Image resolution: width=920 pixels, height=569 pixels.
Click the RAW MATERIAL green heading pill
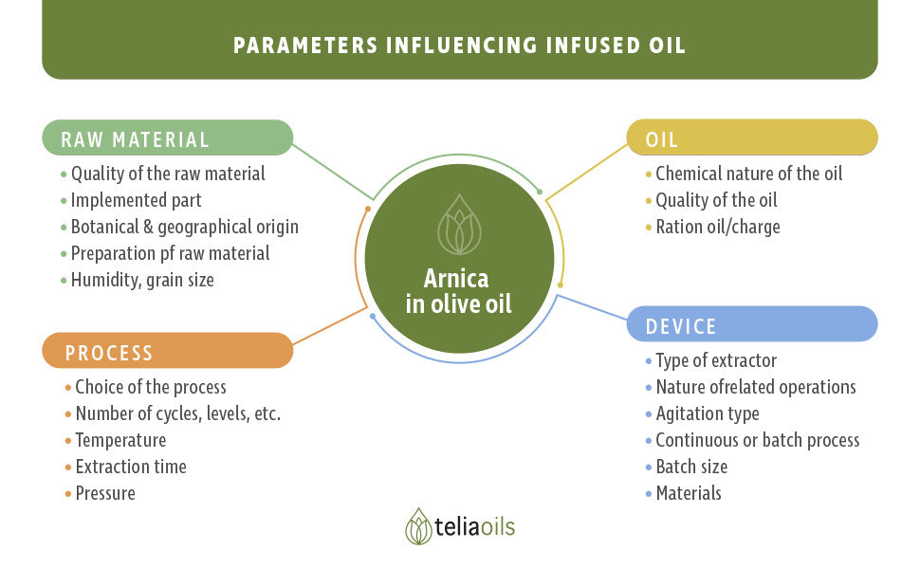pyautogui.click(x=167, y=138)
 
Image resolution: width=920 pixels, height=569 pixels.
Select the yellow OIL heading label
pyautogui.click(x=752, y=138)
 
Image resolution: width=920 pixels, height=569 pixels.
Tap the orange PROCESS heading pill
pyautogui.click(x=167, y=351)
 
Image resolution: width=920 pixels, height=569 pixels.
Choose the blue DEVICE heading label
pyautogui.click(x=752, y=323)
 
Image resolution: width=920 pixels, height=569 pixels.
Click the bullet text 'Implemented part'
pyautogui.click(x=137, y=201)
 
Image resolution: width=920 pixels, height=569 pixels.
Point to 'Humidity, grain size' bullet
pyautogui.click(x=142, y=280)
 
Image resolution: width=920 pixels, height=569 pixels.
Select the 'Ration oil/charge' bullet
pyautogui.click(x=718, y=227)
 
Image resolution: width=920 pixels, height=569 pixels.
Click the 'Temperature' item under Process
pyautogui.click(x=120, y=440)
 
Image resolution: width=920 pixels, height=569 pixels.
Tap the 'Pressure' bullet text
pyautogui.click(x=105, y=493)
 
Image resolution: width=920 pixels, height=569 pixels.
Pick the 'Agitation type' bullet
pyautogui.click(x=708, y=413)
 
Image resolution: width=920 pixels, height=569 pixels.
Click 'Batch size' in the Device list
pyautogui.click(x=691, y=467)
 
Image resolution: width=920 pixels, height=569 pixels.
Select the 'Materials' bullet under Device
pyautogui.click(x=689, y=493)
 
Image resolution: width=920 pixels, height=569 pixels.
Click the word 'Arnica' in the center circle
pyautogui.click(x=456, y=279)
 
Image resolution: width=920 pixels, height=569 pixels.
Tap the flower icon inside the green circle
pyautogui.click(x=459, y=225)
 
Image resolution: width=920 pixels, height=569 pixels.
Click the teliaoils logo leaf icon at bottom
pyautogui.click(x=418, y=526)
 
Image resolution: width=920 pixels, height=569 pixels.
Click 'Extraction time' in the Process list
pyautogui.click(x=131, y=467)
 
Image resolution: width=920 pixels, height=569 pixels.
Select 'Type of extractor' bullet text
pyautogui.click(x=716, y=360)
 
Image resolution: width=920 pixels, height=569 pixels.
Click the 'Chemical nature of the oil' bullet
pyautogui.click(x=749, y=174)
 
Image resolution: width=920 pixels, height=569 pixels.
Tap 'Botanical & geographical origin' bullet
pyautogui.click(x=185, y=227)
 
